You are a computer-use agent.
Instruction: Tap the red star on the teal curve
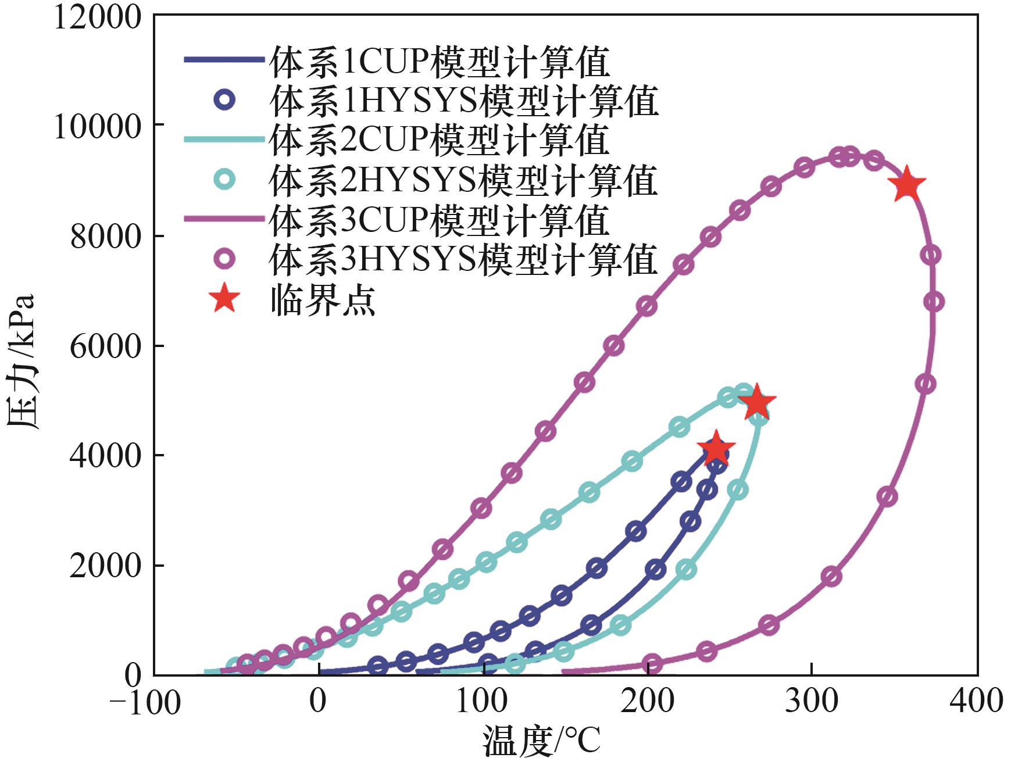coord(756,402)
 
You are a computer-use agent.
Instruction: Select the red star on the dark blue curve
coord(715,449)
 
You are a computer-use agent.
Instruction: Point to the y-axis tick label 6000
coord(105,346)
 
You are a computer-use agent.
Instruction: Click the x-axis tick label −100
coord(145,702)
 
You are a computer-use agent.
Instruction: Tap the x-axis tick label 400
coord(976,700)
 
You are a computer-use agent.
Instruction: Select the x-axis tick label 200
coord(647,700)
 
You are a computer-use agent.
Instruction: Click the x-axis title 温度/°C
coord(541,741)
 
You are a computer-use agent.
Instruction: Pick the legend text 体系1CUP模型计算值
coord(440,62)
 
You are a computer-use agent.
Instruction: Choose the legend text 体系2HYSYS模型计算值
coord(463,180)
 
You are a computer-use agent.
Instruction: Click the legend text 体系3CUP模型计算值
coord(440,220)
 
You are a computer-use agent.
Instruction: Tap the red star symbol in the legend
coord(224,299)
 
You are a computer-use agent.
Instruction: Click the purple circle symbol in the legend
coord(224,259)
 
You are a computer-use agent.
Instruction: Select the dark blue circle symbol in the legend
coord(224,100)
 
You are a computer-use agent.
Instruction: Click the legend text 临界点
coord(323,300)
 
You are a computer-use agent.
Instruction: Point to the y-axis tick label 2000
coord(105,566)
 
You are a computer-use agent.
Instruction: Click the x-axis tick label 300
coord(812,700)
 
